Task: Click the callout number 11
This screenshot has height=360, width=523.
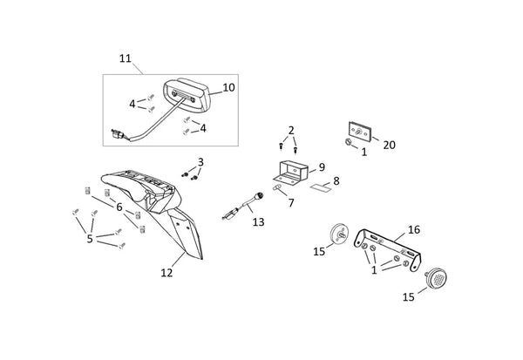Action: [x=126, y=58]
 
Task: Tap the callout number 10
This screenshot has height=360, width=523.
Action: [x=228, y=87]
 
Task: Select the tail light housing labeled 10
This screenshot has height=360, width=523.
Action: [x=187, y=95]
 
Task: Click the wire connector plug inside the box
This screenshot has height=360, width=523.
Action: [x=118, y=134]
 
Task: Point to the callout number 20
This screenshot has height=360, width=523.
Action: [x=389, y=146]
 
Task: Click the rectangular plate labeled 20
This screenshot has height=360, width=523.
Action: [x=359, y=130]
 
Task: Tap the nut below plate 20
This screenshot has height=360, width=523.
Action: [x=348, y=142]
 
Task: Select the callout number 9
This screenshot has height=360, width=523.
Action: [x=322, y=166]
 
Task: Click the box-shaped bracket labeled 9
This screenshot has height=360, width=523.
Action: [x=290, y=173]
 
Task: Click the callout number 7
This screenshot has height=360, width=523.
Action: [x=291, y=203]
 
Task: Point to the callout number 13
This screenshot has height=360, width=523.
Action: [x=258, y=222]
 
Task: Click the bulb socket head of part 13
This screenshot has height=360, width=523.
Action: [x=258, y=196]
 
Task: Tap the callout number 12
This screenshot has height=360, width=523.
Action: [x=166, y=273]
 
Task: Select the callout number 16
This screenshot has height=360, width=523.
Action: [x=414, y=229]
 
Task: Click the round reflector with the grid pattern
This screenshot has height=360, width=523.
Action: [x=437, y=277]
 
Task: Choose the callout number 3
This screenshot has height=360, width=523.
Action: [x=200, y=162]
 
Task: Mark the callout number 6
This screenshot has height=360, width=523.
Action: [x=119, y=207]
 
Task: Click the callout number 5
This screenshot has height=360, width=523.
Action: [x=90, y=239]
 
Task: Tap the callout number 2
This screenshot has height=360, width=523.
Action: [x=291, y=131]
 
